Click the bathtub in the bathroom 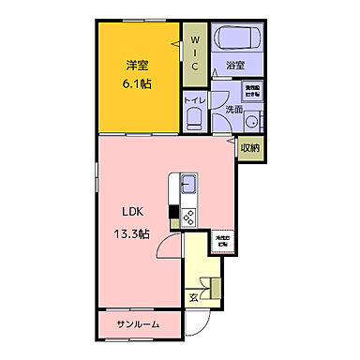coord(238,39)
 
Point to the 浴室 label coord(234,66)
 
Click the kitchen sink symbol coord(186,182)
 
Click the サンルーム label coord(138,323)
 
